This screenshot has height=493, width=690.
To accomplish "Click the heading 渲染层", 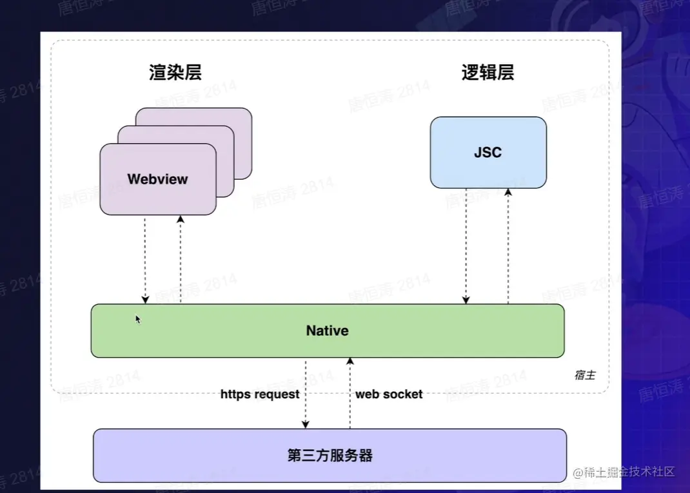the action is tap(175, 73).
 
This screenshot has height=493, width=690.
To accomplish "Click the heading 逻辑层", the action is tap(488, 73).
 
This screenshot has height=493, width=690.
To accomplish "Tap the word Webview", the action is tap(157, 179).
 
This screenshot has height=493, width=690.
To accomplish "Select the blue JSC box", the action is tap(488, 153).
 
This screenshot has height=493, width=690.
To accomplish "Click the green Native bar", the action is tap(328, 331).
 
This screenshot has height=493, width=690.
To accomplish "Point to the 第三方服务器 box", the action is tap(330, 456).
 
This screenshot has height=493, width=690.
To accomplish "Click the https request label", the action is tap(260, 394).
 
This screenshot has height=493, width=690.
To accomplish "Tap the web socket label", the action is tap(389, 394).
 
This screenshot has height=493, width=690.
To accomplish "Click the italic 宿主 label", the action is tap(585, 375).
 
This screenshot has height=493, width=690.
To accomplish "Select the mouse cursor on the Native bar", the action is tap(138, 319).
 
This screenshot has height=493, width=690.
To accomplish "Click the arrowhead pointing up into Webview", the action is tap(181, 218).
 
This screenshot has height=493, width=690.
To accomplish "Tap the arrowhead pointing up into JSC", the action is tap(508, 192).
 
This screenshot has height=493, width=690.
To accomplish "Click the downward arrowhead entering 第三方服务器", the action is tap(306, 425).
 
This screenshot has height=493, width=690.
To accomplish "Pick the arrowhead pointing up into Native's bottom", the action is tap(350, 361).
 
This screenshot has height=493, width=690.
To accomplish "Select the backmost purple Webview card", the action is tap(193, 143).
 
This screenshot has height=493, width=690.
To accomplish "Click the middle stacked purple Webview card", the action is tap(176, 161).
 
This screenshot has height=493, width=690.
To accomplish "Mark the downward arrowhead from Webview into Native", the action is tap(145, 300).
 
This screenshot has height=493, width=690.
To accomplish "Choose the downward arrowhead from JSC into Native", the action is tap(466, 300).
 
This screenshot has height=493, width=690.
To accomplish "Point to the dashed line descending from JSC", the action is tap(466, 246).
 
